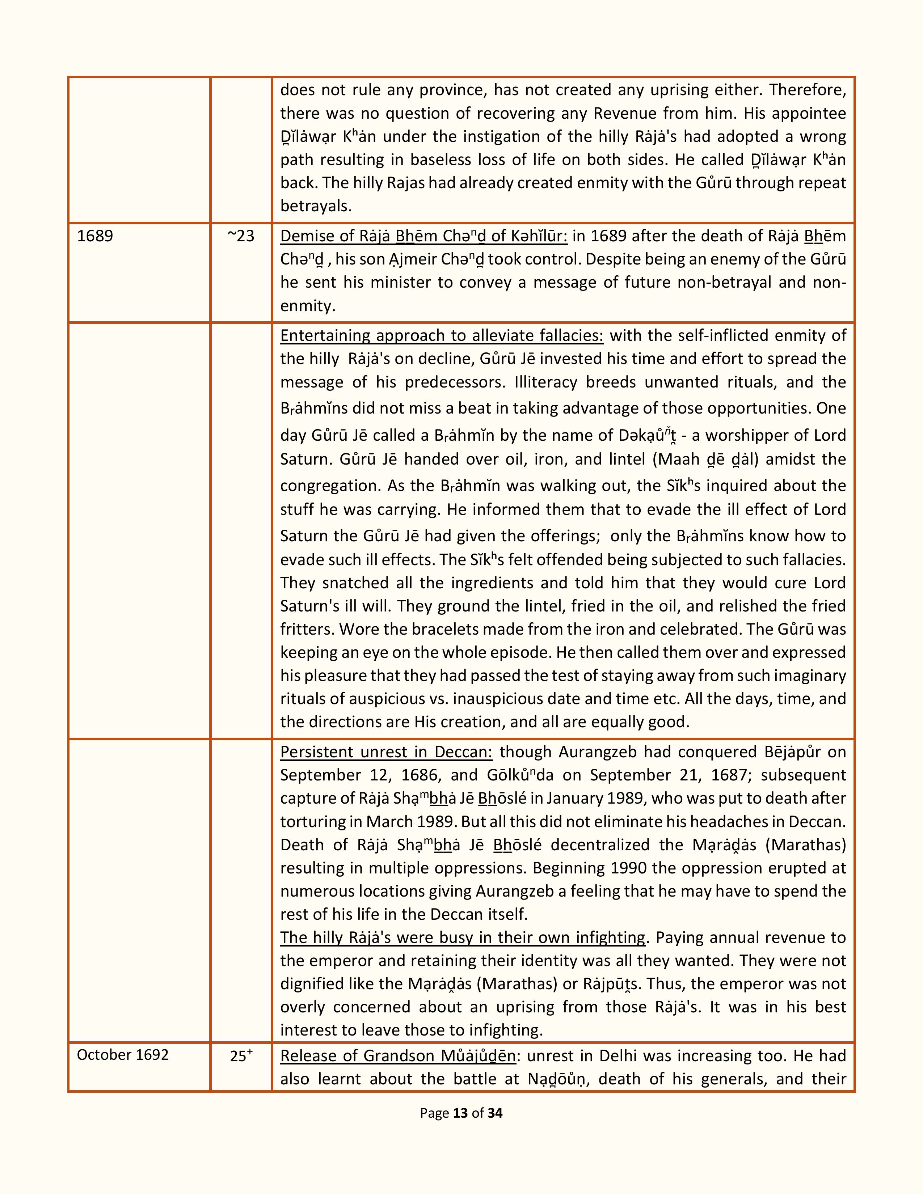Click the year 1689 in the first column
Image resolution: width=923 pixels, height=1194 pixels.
(x=95, y=236)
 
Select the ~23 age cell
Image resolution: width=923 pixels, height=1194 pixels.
(x=241, y=236)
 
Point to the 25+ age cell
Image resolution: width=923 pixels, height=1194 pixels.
(x=241, y=1056)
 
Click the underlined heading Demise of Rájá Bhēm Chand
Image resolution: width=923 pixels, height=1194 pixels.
(x=424, y=236)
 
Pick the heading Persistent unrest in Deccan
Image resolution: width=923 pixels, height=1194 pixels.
(x=386, y=752)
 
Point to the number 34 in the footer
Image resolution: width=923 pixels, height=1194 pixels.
(x=495, y=1113)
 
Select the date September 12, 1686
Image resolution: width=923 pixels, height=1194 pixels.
(x=358, y=775)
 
